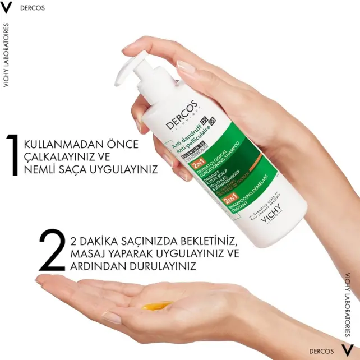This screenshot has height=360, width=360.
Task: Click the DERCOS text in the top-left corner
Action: (33, 8)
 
